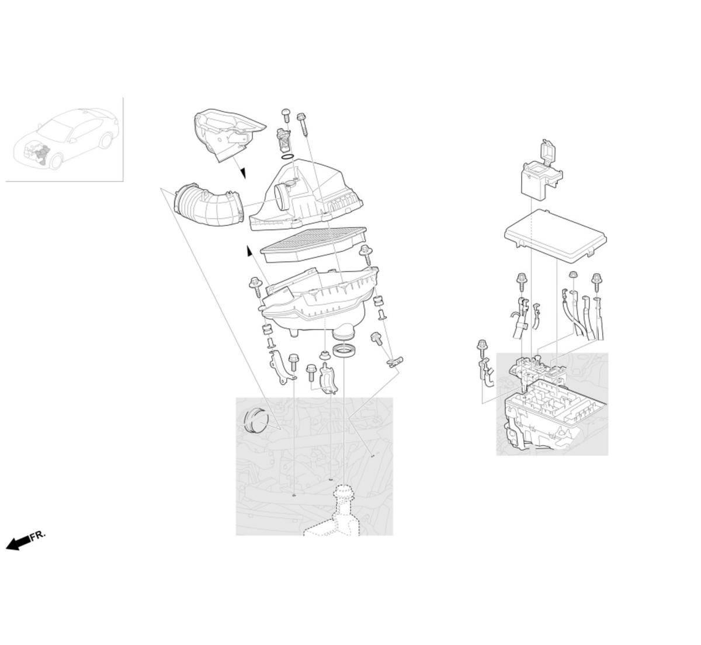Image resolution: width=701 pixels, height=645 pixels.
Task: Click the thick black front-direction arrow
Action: (19, 542)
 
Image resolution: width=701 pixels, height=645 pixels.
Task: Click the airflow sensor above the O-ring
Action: (283, 139)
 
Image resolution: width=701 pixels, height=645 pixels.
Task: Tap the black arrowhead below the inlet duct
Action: (243, 173)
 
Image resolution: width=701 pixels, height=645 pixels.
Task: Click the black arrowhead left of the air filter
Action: (249, 251)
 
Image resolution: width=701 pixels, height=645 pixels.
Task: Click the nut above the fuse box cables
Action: (572, 274)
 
